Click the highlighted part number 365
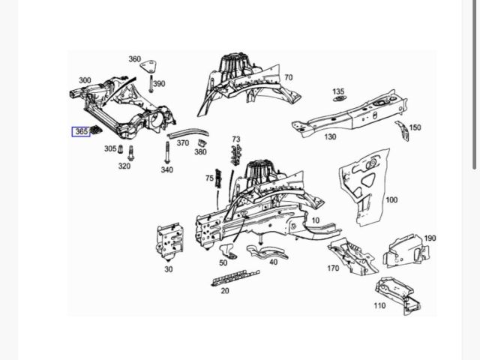[81, 132]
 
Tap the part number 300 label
[85, 81]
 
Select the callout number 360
[134, 59]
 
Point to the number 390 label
[159, 84]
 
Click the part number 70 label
[288, 77]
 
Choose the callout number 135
[338, 91]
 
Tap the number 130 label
[330, 137]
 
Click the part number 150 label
[415, 127]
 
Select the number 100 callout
[391, 200]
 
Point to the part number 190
[430, 238]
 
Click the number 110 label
[379, 305]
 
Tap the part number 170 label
[333, 268]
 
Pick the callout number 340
[166, 170]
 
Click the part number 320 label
[124, 166]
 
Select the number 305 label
[110, 148]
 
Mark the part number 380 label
[200, 152]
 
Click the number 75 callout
[209, 178]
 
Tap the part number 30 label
[168, 269]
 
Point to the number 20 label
[224, 291]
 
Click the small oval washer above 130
[338, 101]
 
